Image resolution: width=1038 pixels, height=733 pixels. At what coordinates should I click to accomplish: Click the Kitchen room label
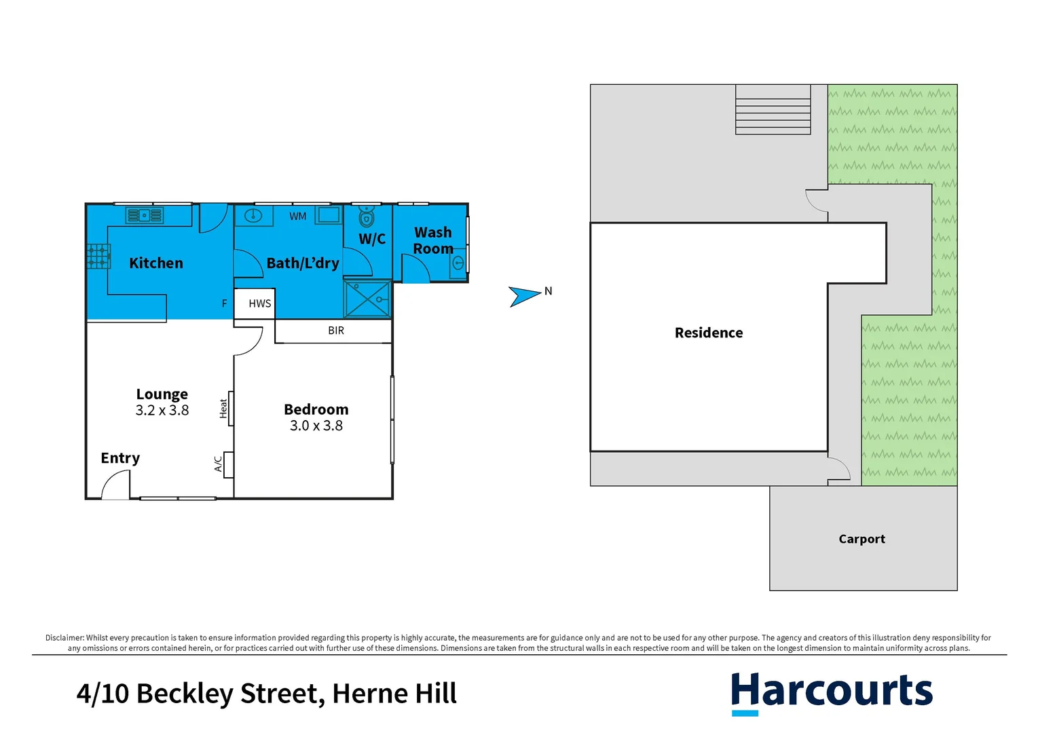point(156,263)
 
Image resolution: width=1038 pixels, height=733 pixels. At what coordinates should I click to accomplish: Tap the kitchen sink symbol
point(145,216)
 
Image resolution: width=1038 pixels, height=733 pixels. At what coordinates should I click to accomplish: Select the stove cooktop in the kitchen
point(98,257)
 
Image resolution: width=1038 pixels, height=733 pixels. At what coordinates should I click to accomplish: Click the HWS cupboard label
point(259,303)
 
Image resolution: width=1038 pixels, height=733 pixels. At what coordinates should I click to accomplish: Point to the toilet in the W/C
point(367,217)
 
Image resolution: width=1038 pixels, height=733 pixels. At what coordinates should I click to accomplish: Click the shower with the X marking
point(367,299)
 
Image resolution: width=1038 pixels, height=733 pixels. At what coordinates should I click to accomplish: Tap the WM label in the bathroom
point(298,217)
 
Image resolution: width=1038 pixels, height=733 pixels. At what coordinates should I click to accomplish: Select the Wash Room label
point(432,241)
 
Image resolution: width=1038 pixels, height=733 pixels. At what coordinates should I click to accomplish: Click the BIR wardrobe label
point(336,331)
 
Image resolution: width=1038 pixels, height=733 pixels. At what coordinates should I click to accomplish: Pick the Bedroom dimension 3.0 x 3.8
point(316,426)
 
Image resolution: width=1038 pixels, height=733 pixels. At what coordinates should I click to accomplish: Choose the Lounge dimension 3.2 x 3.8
point(162,411)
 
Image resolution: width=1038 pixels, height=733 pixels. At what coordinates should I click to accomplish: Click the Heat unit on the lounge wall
point(229,408)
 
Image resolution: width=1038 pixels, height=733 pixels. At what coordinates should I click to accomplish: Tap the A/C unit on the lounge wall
point(227,464)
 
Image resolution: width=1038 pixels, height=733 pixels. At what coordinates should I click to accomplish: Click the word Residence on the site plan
point(709,333)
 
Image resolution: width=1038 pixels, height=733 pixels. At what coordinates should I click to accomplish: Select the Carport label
point(861,539)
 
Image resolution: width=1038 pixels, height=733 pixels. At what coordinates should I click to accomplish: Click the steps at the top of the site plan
point(773,110)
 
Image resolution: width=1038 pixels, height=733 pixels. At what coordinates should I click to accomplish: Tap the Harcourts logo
point(832,692)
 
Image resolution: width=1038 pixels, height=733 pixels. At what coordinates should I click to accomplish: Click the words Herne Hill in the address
point(394,694)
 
